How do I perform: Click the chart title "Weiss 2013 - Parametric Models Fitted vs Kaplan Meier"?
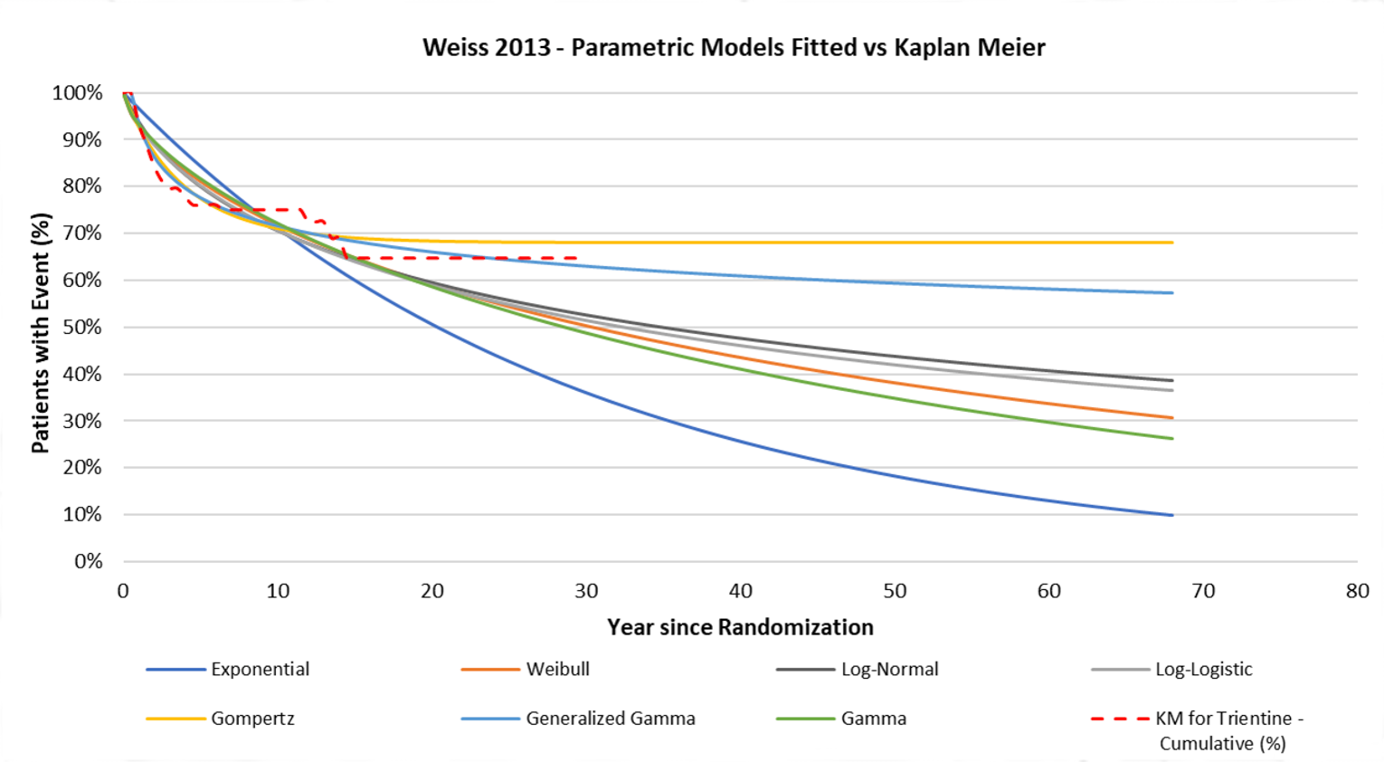[734, 47]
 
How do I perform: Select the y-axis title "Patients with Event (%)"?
[41, 333]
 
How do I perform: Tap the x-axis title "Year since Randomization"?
[740, 627]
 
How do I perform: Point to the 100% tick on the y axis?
[78, 92]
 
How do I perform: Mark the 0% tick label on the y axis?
[88, 561]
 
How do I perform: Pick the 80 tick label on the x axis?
[1357, 591]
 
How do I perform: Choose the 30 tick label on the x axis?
[586, 591]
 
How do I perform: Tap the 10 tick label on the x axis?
[278, 591]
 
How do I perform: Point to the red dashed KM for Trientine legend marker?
[1120, 719]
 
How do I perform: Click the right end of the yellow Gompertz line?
[1172, 243]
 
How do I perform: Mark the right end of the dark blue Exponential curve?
[1172, 515]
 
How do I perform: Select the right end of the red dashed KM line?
[577, 258]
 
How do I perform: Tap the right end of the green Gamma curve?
[1172, 439]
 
